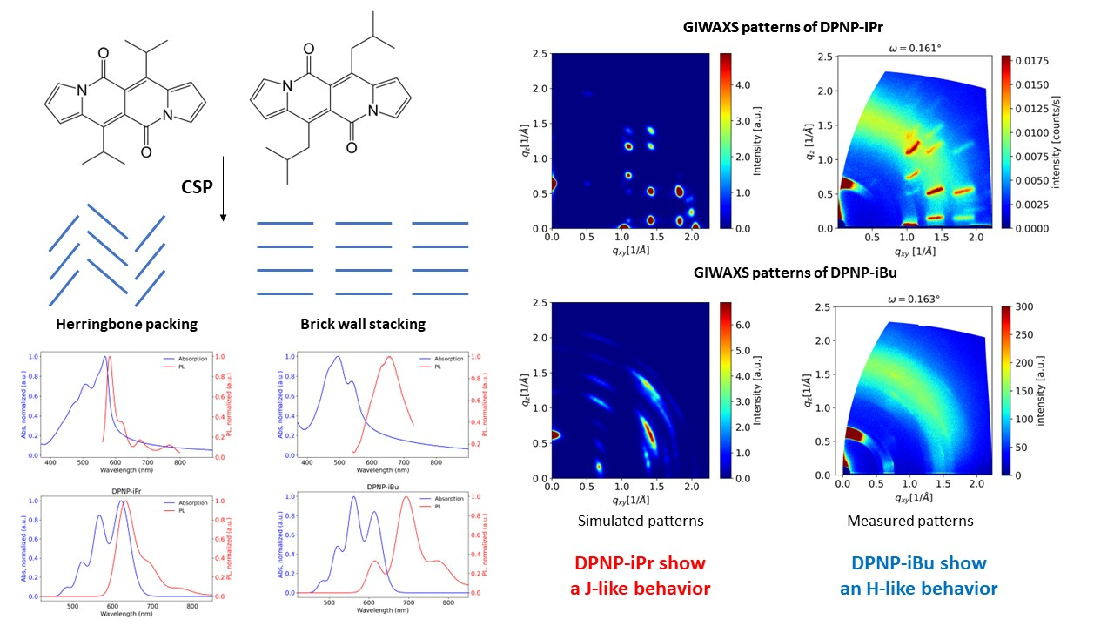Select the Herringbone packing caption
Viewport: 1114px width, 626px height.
pyautogui.click(x=127, y=324)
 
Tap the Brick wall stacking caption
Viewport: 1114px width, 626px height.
pyautogui.click(x=363, y=324)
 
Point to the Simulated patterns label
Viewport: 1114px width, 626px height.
pyautogui.click(x=640, y=521)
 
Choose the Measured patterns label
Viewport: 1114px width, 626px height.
pyautogui.click(x=910, y=521)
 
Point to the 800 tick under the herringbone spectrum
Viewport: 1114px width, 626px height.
pyautogui.click(x=179, y=462)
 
